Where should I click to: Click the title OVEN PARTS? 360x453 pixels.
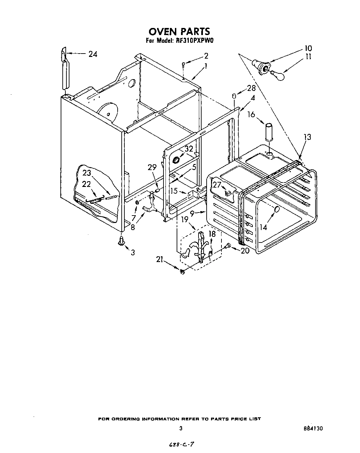coord(179,31)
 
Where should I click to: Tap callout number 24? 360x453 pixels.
coord(93,54)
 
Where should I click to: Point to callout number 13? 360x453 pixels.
coord(307,137)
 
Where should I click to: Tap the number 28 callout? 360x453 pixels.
coord(251,88)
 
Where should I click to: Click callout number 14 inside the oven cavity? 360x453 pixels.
coord(263,227)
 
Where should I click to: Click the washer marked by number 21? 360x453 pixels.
coord(182,271)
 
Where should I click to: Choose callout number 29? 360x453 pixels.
coord(152,167)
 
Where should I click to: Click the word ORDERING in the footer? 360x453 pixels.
coord(123,419)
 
